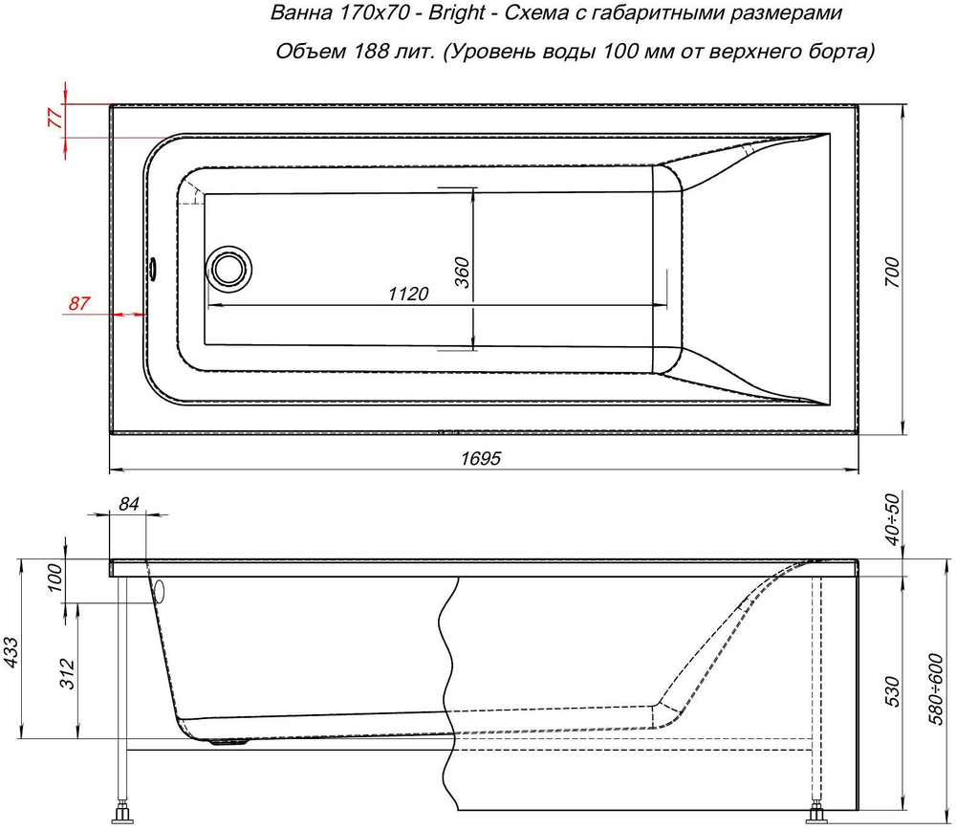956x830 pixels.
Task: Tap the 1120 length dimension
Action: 407,295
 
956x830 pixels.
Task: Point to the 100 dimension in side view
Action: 55,579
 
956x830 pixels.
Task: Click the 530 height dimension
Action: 893,689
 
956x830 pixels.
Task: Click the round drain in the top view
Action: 228,268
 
